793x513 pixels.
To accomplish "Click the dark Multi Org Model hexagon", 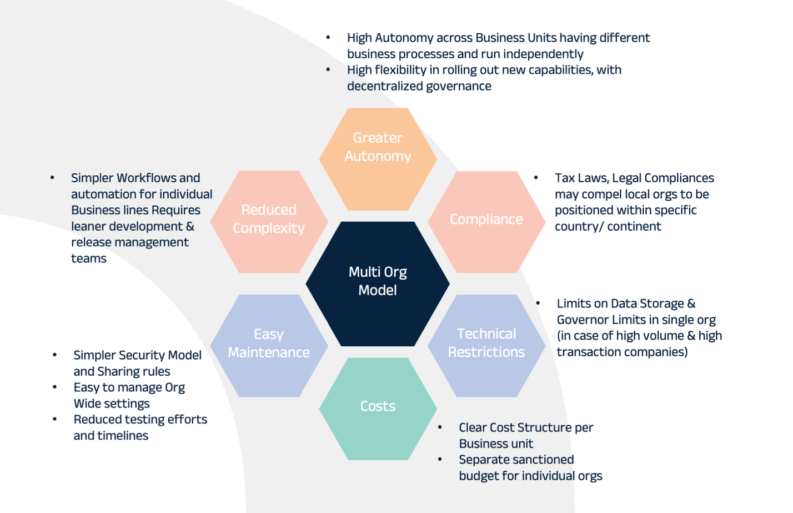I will (378, 283).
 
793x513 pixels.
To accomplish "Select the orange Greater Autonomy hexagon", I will (378, 158).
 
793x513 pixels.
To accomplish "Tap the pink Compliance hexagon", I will (486, 221).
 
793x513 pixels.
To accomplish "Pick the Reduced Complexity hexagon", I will (269, 221).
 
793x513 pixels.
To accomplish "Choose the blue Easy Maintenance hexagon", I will (269, 345).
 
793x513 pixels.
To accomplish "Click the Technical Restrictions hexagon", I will (486, 345).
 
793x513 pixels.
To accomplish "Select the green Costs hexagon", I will (378, 409).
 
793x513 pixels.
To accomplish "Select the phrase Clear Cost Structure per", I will (525, 427).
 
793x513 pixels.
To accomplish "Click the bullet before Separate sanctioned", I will (440, 459).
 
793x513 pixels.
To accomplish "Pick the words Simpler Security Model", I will (137, 355).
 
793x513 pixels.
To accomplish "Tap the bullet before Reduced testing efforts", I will (54, 419).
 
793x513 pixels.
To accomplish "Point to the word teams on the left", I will (89, 258).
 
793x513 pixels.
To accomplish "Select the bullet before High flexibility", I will (328, 69).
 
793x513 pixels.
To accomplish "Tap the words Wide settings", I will (111, 404).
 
